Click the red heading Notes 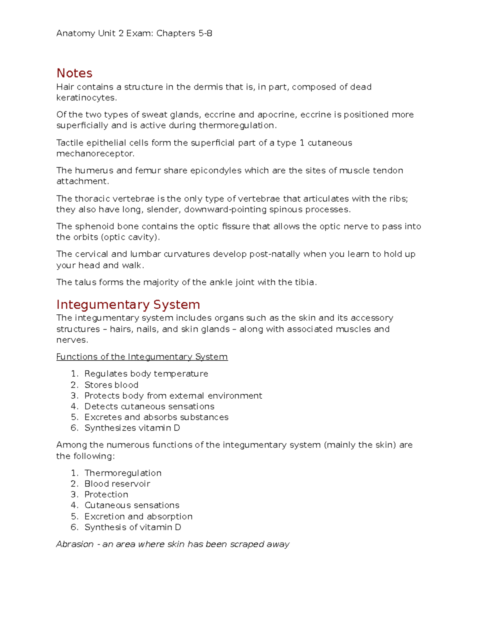click(x=74, y=73)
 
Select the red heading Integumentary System click(x=128, y=305)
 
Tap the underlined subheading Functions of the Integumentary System click(x=142, y=357)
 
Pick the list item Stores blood click(x=111, y=385)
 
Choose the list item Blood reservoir click(x=117, y=484)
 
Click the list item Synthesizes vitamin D click(x=132, y=428)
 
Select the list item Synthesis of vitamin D click(x=133, y=527)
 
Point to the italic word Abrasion click(x=75, y=544)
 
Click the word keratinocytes click(x=86, y=98)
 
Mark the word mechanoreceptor click(x=95, y=154)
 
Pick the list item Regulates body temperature click(x=146, y=374)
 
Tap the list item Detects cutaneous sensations click(x=149, y=407)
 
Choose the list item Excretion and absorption click(x=138, y=517)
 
